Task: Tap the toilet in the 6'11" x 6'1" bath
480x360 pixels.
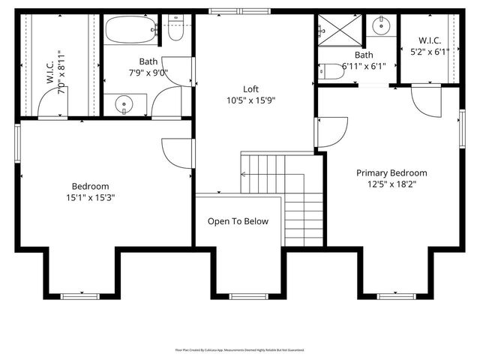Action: [x=331, y=72]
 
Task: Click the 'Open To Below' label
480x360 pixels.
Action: [x=238, y=221]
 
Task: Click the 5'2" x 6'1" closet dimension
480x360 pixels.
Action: [x=430, y=52]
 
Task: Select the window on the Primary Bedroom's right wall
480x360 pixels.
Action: [x=463, y=124]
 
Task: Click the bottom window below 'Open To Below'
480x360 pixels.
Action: [x=248, y=296]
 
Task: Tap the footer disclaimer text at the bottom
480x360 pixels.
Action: [x=239, y=349]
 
